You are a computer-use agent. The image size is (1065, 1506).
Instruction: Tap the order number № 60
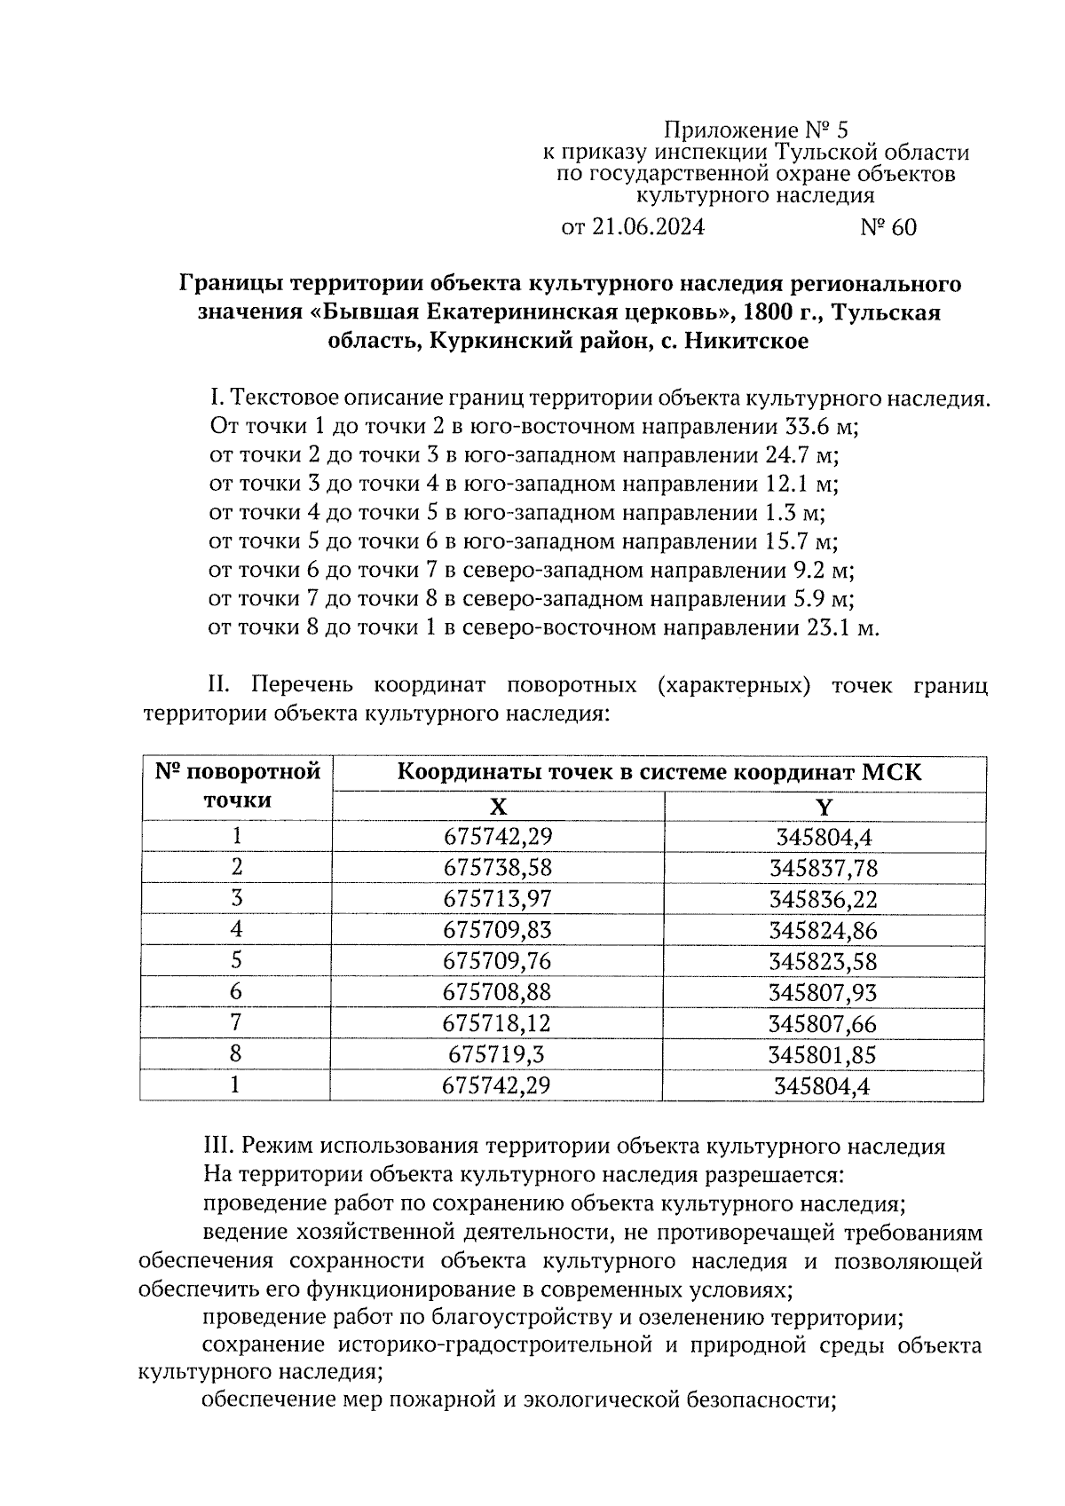(x=887, y=228)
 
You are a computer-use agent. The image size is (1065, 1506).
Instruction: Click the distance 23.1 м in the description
(x=842, y=628)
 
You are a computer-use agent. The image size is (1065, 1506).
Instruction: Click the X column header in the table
(x=499, y=806)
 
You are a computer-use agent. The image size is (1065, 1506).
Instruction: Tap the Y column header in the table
(x=824, y=806)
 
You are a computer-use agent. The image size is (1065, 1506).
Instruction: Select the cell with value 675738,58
(x=497, y=868)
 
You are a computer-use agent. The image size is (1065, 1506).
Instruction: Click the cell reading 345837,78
(x=824, y=868)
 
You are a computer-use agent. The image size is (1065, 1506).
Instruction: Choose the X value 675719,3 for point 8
(x=497, y=1054)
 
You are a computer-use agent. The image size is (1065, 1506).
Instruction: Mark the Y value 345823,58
(x=824, y=961)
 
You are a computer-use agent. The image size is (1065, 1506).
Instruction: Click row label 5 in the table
(x=236, y=961)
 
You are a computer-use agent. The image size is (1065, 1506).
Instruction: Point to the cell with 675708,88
(x=497, y=992)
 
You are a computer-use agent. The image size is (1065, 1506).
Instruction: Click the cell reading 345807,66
(x=824, y=1023)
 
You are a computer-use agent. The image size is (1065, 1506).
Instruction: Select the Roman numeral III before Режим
(x=217, y=1147)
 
